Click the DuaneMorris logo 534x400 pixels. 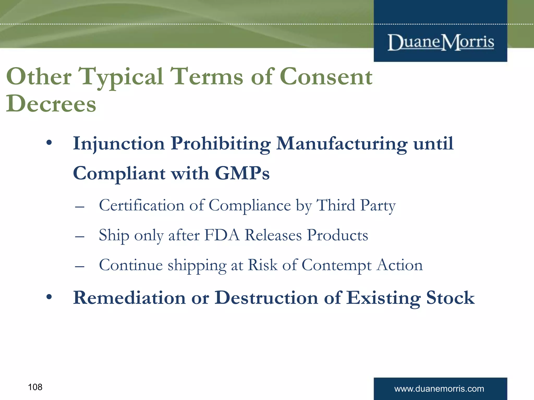tap(441, 42)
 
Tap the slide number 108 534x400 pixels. tap(35, 387)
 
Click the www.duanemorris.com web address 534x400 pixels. tap(439, 389)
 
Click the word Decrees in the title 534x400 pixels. tap(51, 104)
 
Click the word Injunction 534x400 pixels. tap(119, 144)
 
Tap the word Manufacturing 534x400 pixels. tap(342, 144)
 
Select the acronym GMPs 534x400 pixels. tap(242, 173)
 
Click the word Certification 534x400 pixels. tap(142, 205)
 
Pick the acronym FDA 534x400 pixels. tap(222, 235)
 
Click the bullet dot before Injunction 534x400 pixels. tap(49, 143)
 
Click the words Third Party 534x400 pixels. tap(356, 205)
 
